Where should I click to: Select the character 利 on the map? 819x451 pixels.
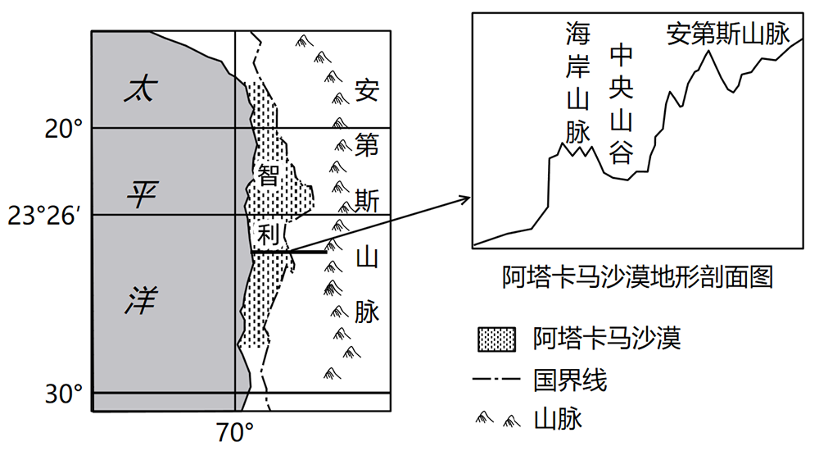[x=268, y=234]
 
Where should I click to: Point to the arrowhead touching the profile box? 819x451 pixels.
[x=468, y=198]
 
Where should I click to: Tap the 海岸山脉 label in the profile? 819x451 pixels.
[x=577, y=82]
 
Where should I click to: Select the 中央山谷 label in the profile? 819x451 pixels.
[x=622, y=103]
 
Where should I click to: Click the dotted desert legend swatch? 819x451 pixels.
[x=496, y=338]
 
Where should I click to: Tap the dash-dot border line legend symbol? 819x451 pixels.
[x=497, y=380]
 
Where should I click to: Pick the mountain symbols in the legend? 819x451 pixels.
[x=497, y=421]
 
